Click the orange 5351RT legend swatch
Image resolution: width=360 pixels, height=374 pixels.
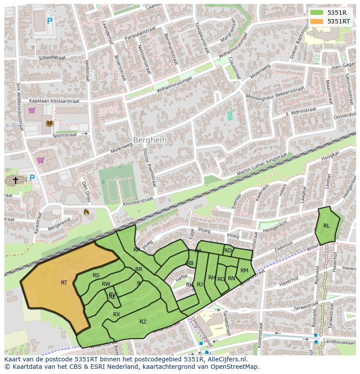click(x=317, y=21)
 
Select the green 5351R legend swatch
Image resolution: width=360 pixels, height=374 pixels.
click(x=317, y=13)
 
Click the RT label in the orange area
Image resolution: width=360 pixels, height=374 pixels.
click(x=64, y=283)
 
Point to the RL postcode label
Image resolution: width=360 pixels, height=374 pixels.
click(x=327, y=225)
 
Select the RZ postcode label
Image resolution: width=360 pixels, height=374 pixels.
click(x=143, y=321)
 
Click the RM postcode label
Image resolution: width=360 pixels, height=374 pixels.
click(x=244, y=271)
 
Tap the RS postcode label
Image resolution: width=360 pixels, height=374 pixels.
click(x=96, y=275)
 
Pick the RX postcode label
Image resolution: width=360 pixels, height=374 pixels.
click(x=117, y=314)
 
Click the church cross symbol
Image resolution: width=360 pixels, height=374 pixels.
click(x=16, y=180)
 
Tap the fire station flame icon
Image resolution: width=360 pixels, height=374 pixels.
click(x=86, y=212)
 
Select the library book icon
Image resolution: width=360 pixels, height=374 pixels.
click(x=49, y=124)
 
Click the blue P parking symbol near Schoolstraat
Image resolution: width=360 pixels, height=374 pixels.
click(x=50, y=20)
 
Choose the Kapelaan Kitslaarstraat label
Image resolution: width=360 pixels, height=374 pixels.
click(x=55, y=101)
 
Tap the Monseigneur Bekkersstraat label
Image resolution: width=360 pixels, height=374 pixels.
click(x=275, y=93)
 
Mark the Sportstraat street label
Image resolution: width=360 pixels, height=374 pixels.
click(x=64, y=135)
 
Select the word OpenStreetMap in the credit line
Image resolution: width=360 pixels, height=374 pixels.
click(x=234, y=367)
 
